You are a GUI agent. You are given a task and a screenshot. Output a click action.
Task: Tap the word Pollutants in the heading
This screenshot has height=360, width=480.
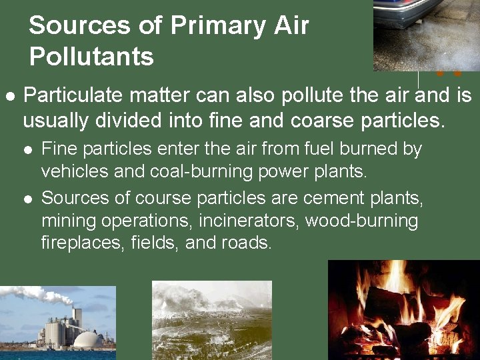[x=91, y=57]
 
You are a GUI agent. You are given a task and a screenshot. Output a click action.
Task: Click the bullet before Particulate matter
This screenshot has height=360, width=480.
[x=9, y=96]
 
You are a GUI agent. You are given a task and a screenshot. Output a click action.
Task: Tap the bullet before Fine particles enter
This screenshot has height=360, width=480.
[x=28, y=149]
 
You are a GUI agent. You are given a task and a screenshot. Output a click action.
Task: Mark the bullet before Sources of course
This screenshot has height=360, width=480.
[x=28, y=199]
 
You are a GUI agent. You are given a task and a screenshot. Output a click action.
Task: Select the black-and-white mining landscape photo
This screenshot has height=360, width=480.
[x=212, y=320]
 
